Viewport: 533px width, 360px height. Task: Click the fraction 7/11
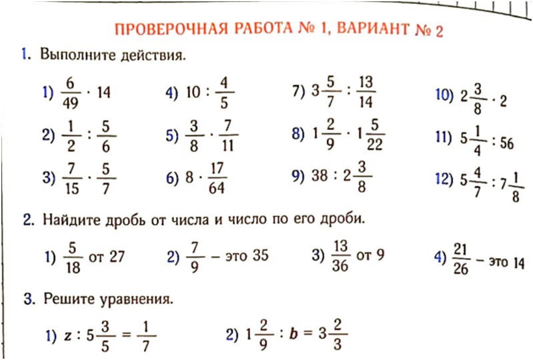228,136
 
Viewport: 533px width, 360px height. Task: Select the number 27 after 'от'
117,256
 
